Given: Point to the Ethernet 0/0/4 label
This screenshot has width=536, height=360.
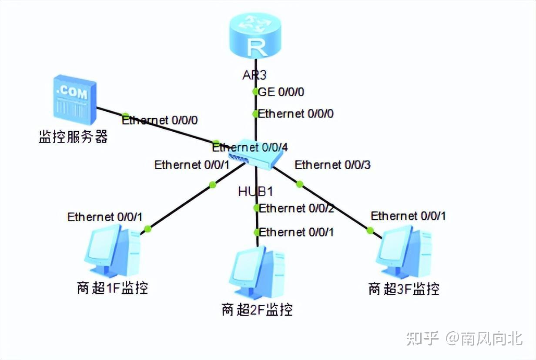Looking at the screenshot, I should (250, 147).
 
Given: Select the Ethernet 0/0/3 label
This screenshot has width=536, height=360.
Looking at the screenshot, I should (332, 165).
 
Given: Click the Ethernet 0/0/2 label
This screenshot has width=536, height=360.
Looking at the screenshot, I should (296, 208).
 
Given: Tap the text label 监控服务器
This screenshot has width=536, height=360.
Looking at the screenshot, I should (73, 137).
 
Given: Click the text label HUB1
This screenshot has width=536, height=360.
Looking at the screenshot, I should (255, 191).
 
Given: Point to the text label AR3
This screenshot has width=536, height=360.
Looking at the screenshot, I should (255, 75).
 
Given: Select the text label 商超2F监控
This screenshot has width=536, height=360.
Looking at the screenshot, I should (257, 310).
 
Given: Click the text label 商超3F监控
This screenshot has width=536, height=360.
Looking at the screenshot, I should (404, 289).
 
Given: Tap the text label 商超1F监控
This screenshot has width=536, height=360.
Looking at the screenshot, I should (112, 288).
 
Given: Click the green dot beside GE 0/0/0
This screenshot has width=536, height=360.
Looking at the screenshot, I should (256, 92).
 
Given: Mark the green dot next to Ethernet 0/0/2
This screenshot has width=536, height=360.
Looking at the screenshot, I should (257, 208).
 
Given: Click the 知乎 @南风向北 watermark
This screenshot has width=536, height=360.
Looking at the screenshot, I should (464, 338).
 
